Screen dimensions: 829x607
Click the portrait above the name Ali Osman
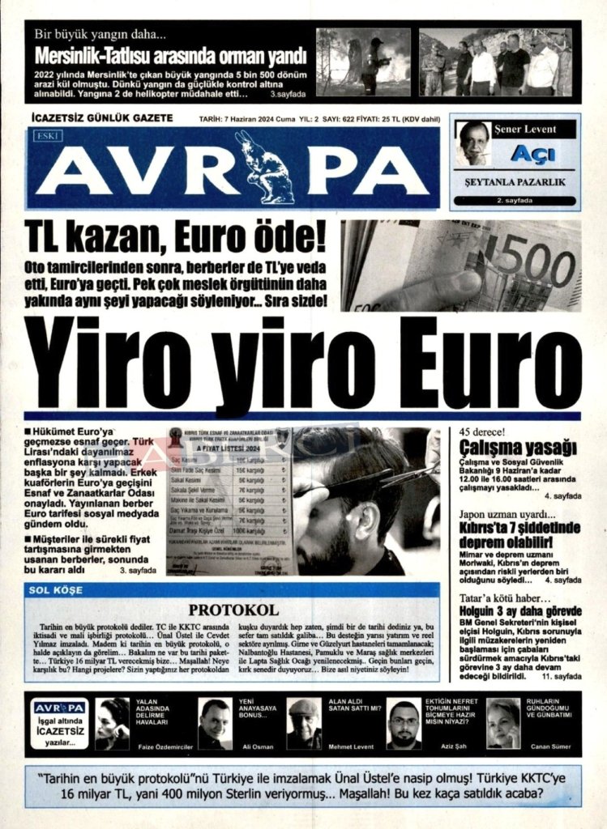[215, 724]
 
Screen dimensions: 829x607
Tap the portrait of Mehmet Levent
[304, 724]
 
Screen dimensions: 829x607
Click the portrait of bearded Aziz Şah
[404, 724]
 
